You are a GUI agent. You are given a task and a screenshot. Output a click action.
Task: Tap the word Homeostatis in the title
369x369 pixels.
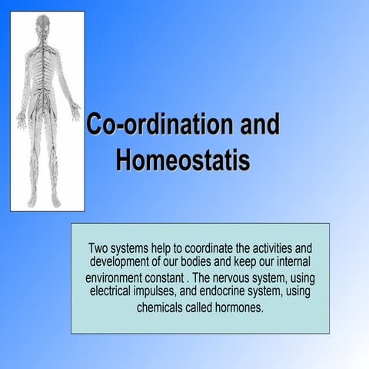[x=182, y=161]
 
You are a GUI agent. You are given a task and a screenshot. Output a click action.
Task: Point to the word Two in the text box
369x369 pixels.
[x=100, y=248]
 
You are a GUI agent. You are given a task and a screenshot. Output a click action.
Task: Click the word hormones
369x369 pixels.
[x=238, y=307]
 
